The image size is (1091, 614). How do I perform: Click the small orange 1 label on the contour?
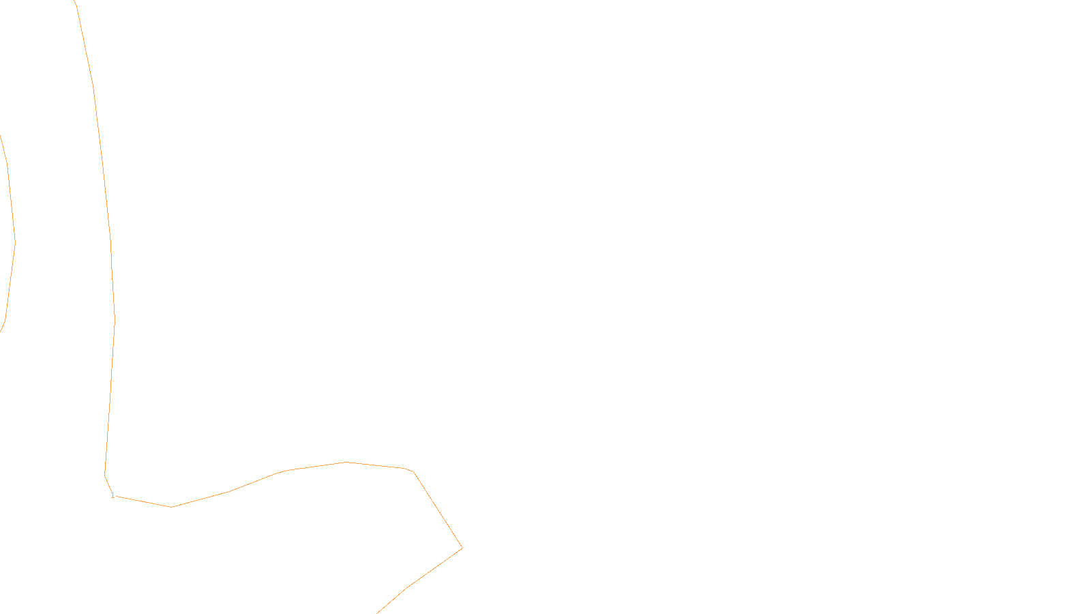(113, 496)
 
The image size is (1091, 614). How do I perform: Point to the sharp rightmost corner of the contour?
(462, 548)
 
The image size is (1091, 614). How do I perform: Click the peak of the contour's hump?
(346, 463)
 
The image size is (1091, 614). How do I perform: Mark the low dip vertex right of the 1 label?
(171, 507)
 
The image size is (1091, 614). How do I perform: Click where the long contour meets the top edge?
(74, 1)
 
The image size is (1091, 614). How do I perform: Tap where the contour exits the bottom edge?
(377, 613)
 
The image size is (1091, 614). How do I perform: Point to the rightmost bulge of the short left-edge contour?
(15, 240)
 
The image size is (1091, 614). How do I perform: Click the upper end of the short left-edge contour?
(1, 136)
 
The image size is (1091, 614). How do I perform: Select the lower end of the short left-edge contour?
(1, 332)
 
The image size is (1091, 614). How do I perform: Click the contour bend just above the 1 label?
(105, 474)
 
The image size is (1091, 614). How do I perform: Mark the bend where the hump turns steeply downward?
(413, 471)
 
